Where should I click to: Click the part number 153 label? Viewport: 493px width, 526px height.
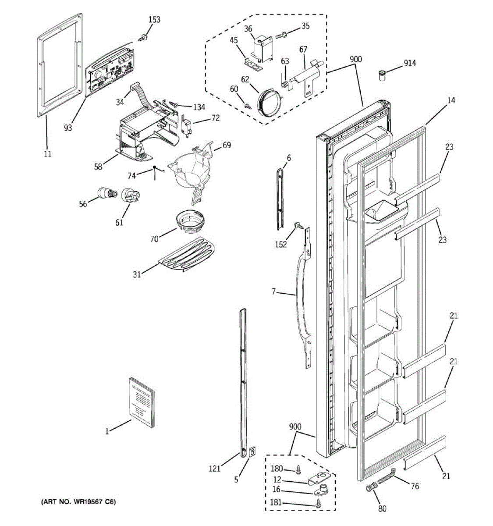(154, 20)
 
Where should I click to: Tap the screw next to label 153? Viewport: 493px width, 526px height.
(143, 38)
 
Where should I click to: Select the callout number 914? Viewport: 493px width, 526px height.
(410, 63)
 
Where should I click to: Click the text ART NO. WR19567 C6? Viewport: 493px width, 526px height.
(79, 502)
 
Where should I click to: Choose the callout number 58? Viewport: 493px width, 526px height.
(98, 167)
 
